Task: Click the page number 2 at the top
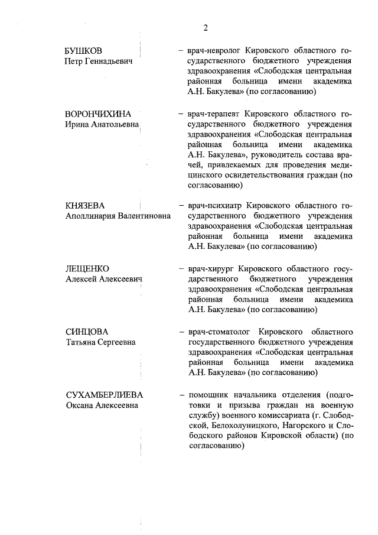(206, 28)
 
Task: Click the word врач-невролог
(214, 50)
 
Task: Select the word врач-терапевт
(214, 114)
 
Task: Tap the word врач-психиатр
(216, 205)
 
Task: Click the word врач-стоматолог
(220, 332)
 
